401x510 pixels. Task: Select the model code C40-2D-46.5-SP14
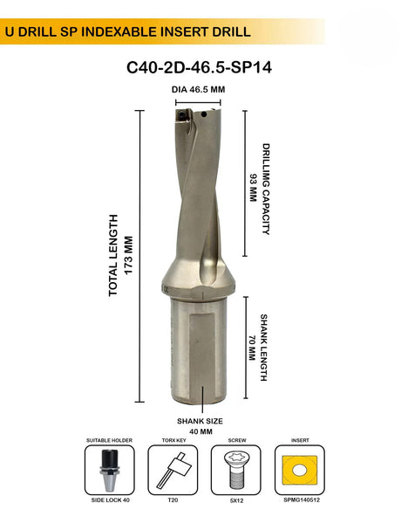[x=200, y=68]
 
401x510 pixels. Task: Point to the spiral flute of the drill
[x=200, y=201]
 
